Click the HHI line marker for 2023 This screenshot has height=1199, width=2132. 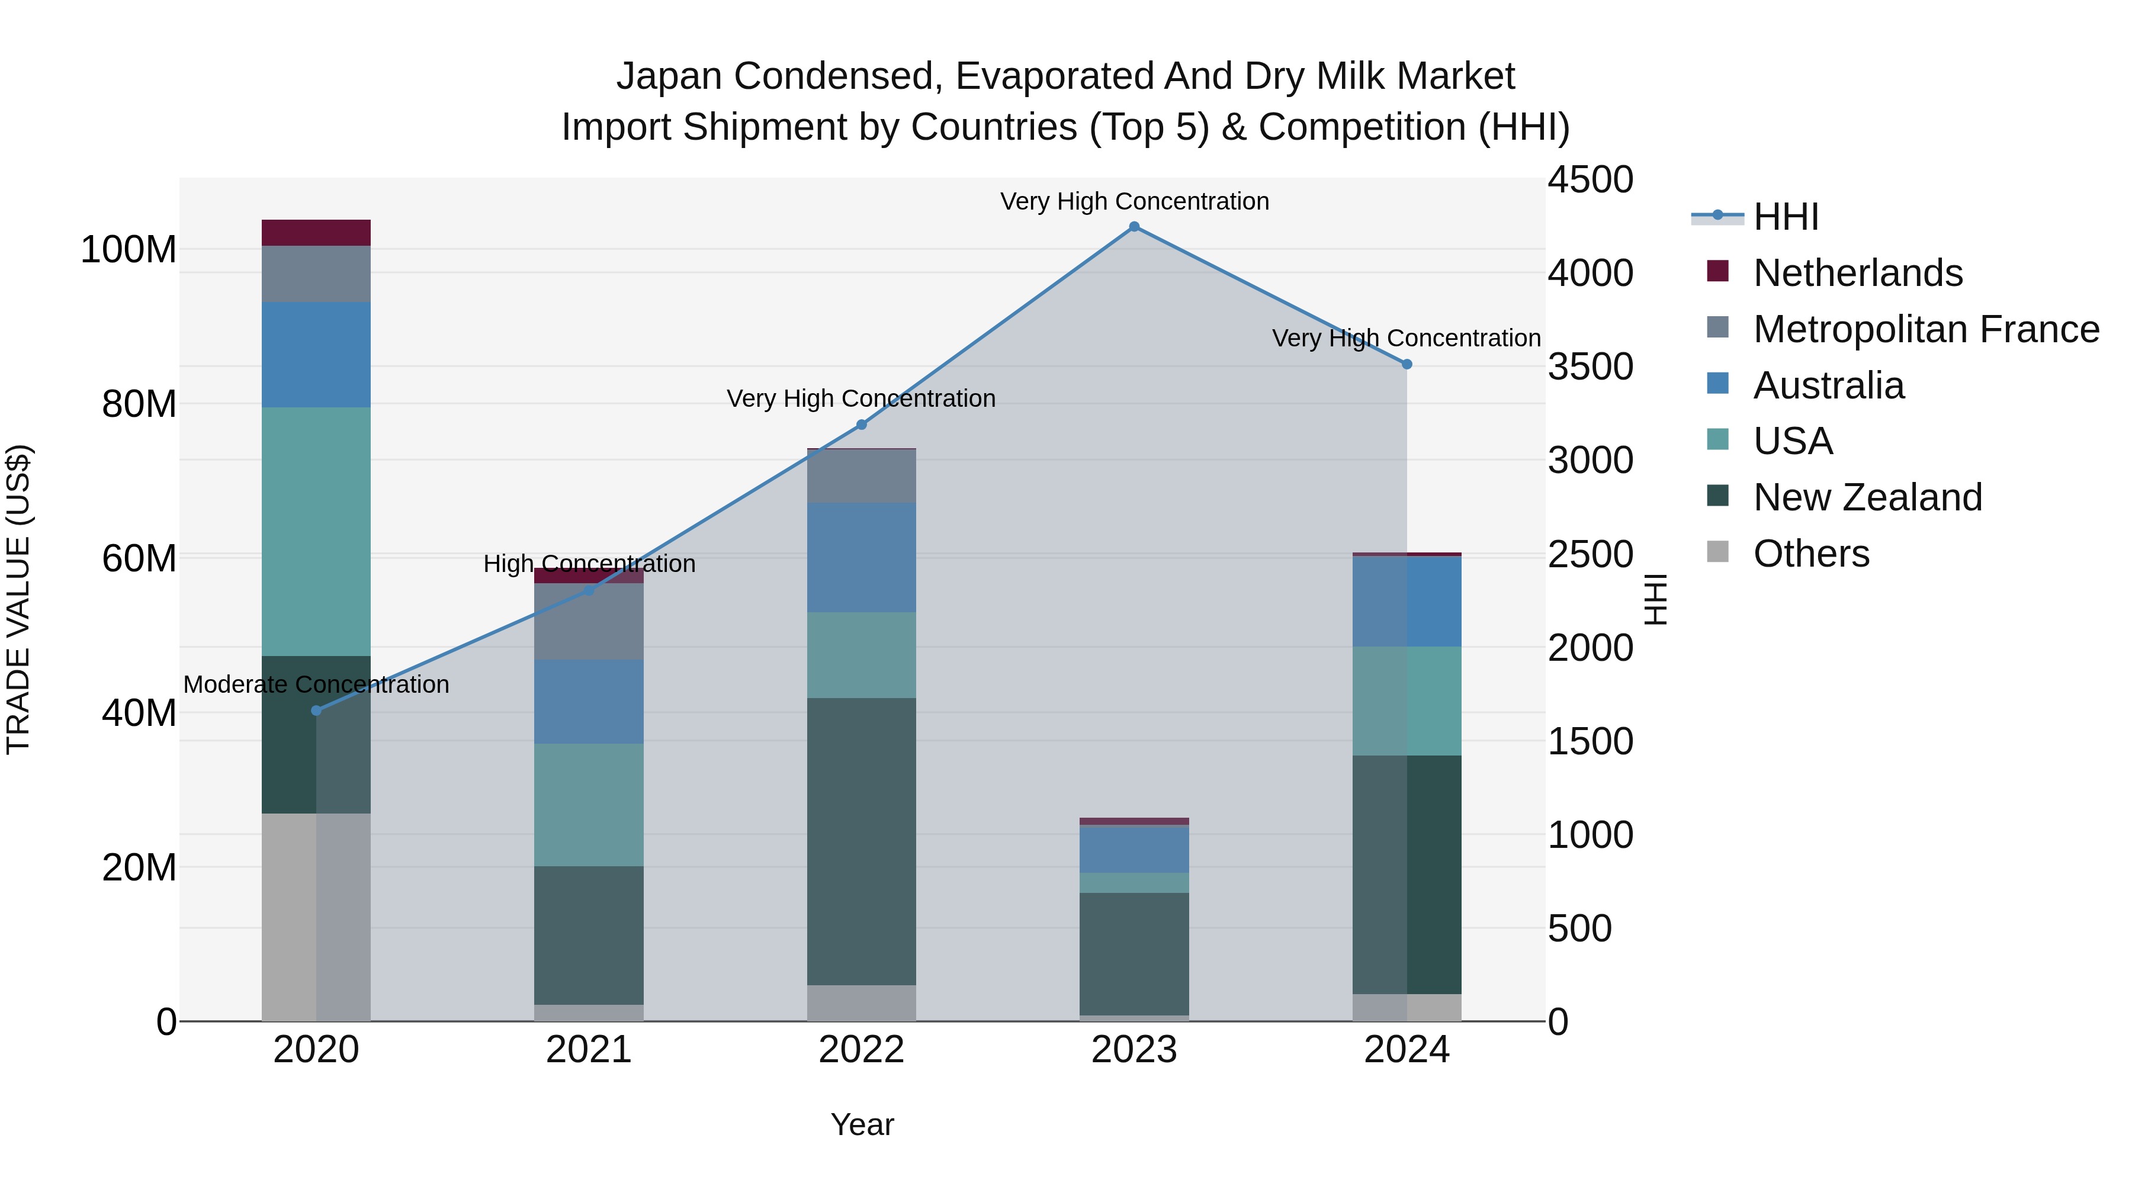[x=1134, y=227]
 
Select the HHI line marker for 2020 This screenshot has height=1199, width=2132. [x=316, y=710]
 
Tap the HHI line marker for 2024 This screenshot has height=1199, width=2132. [x=1406, y=364]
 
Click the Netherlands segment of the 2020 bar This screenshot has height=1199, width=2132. [x=316, y=233]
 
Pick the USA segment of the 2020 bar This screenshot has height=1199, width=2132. [x=316, y=531]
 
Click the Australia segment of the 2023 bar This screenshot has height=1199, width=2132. [x=1134, y=849]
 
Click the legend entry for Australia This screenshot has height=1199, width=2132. [x=1828, y=385]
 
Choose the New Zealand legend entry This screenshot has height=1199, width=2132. [x=1867, y=497]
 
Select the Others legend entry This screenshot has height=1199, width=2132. [x=1811, y=554]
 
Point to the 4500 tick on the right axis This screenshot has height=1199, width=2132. [x=1590, y=181]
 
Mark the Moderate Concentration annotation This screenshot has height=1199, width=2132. [x=316, y=684]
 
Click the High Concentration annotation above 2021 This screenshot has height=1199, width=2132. [x=589, y=564]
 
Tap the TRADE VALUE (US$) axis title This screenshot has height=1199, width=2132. [x=18, y=599]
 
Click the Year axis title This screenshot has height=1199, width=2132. [x=862, y=1124]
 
